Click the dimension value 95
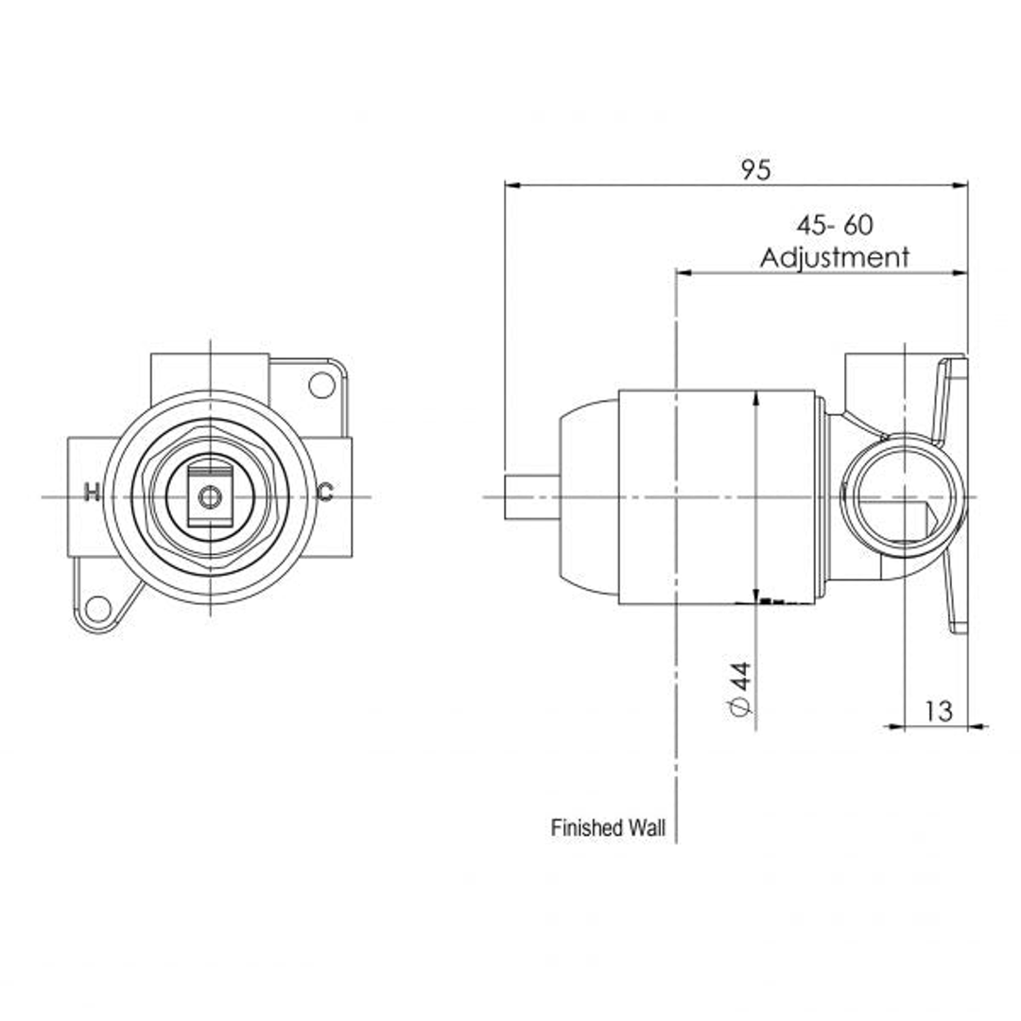point(755,170)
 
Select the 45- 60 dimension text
point(834,226)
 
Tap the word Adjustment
point(834,257)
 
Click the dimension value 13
point(938,711)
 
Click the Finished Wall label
point(608,828)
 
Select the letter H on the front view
point(92,492)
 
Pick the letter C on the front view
point(324,492)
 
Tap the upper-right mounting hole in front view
point(321,385)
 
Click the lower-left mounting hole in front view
point(96,608)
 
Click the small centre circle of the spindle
point(210,496)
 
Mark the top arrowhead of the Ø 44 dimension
point(756,397)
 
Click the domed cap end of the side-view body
point(586,496)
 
